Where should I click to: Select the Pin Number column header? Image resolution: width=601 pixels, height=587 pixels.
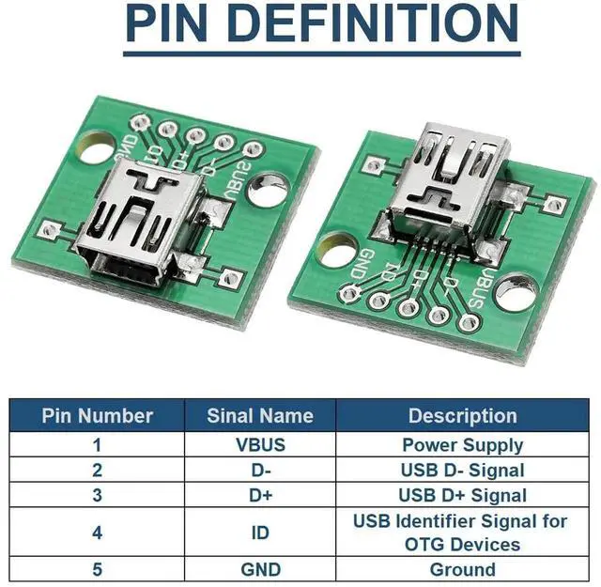coord(97,415)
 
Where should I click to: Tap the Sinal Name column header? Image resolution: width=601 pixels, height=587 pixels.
coord(260,415)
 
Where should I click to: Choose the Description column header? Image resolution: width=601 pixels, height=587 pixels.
coord(462,415)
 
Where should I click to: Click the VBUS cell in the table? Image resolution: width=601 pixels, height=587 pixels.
coord(260,444)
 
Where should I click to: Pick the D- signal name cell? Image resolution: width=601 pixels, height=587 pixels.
coord(260,470)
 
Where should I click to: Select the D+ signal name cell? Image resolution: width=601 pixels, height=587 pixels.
coord(260,495)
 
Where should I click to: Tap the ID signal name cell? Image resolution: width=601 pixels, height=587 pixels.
coord(260,533)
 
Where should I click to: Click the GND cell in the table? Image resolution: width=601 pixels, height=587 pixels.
coord(260,569)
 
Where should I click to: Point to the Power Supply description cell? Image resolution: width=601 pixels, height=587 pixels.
coord(462,444)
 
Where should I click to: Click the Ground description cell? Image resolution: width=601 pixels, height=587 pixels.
coord(462,569)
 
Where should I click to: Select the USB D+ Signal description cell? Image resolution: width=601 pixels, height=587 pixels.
coord(462,495)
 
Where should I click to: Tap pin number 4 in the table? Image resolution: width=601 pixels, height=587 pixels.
coord(97,533)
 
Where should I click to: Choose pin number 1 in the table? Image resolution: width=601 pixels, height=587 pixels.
coord(97,444)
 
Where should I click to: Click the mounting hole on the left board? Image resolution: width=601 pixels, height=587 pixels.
coord(97,147)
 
